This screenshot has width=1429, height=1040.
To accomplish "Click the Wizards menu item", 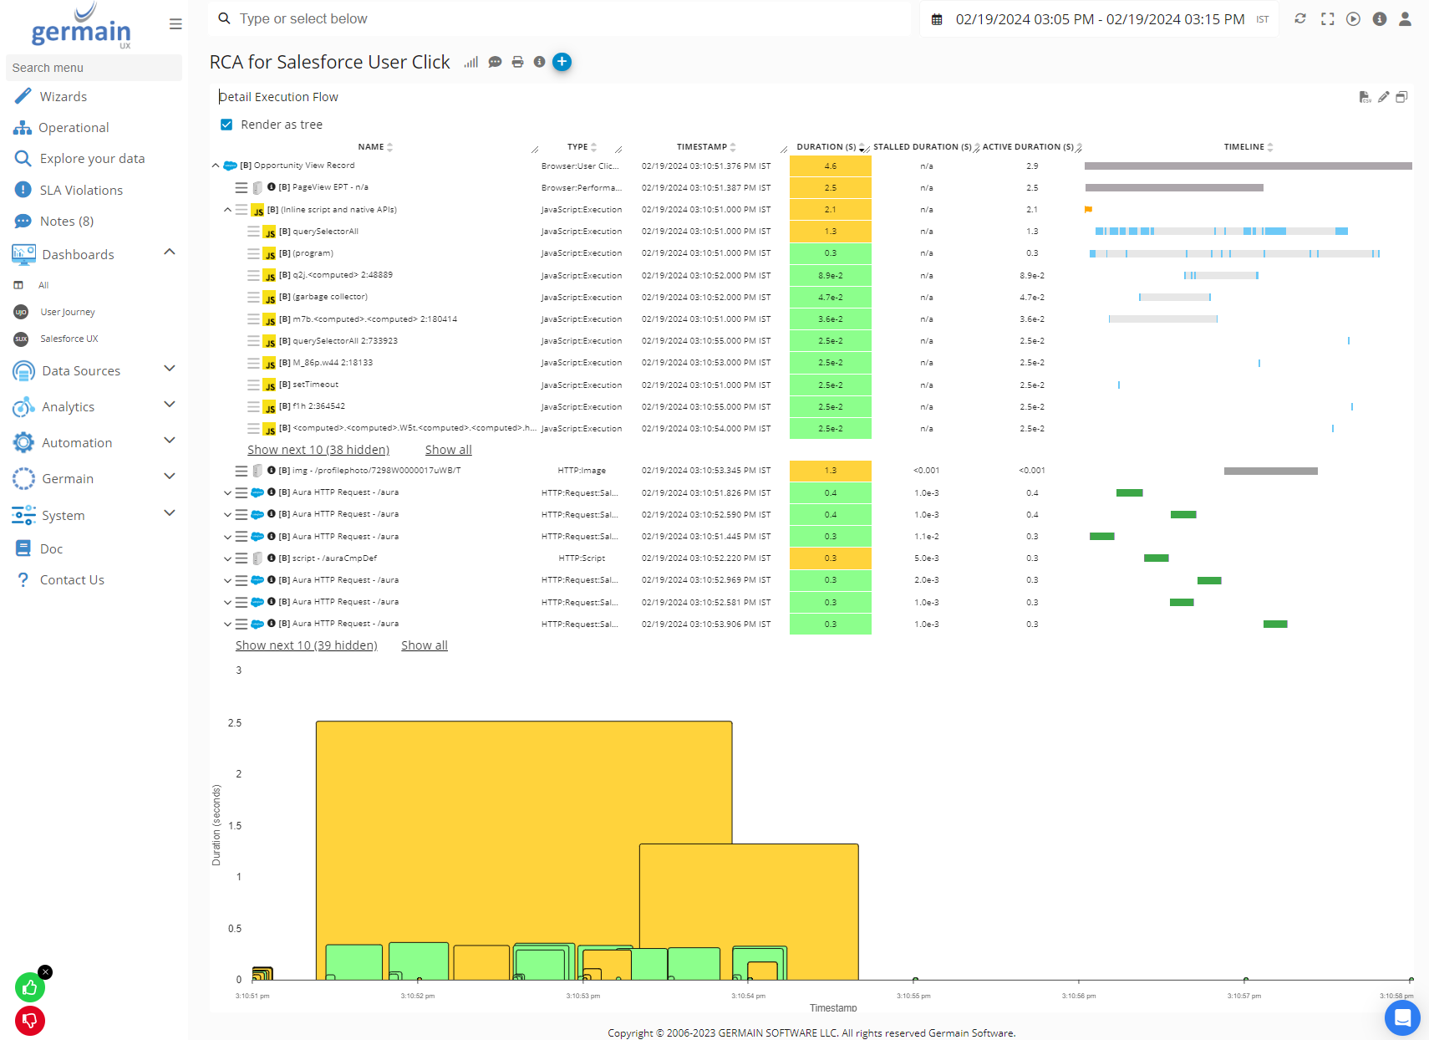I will [x=63, y=97].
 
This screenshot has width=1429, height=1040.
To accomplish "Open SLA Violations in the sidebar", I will [x=81, y=191].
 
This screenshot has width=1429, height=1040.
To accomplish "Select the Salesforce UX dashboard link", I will [x=69, y=339].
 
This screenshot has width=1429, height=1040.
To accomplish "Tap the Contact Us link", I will [x=72, y=580].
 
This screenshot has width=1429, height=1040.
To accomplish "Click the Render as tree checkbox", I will [x=226, y=125].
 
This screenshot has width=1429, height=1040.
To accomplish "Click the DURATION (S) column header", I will [x=826, y=147].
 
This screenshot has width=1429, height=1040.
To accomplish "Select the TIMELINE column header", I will [x=1243, y=147].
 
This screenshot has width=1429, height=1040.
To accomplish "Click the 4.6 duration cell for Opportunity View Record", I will [x=830, y=166].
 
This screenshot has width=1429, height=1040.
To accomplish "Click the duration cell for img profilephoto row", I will [x=830, y=471].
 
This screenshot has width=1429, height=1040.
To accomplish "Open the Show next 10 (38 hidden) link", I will [x=318, y=450].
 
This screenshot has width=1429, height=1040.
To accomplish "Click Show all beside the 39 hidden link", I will [x=424, y=645].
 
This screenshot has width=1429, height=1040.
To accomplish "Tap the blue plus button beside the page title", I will [x=562, y=62].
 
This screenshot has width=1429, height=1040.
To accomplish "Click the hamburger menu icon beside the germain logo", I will [x=175, y=24].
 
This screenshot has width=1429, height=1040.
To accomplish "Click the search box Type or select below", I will [x=560, y=19].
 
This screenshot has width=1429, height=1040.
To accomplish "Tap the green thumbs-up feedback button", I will [x=30, y=988].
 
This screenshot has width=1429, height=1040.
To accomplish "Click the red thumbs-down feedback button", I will [x=30, y=1020].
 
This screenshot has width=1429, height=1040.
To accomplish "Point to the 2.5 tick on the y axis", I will [x=235, y=723].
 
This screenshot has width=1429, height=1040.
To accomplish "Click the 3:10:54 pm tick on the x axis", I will [x=748, y=996].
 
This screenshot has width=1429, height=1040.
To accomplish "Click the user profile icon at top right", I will [x=1405, y=19].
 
